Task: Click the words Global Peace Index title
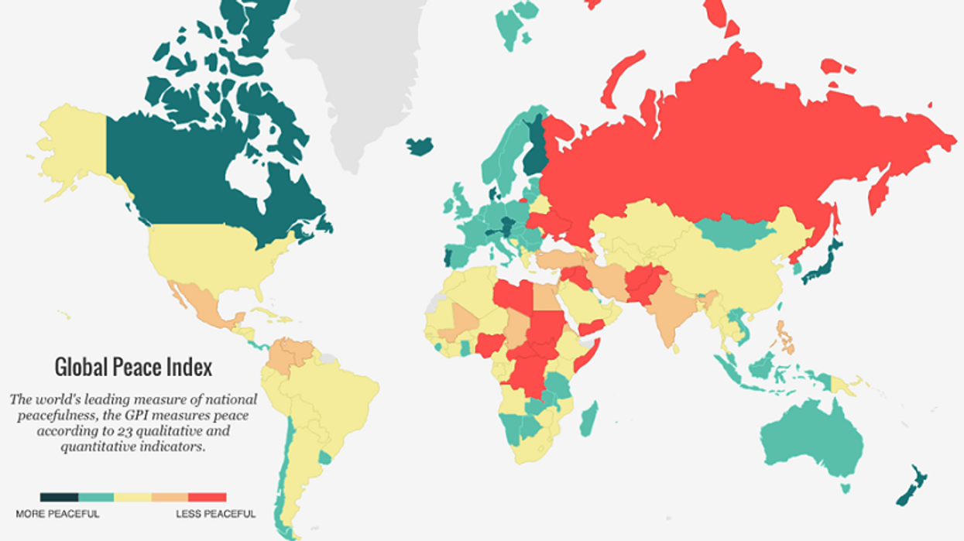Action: (133, 366)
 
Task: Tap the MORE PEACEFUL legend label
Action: (57, 514)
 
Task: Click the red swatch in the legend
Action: (208, 497)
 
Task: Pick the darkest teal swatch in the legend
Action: (59, 497)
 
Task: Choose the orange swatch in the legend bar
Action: (170, 497)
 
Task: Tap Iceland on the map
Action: (420, 146)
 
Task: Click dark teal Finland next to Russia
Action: (533, 147)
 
